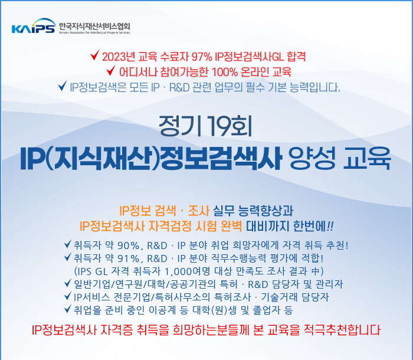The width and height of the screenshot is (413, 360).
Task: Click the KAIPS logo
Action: [x=34, y=26]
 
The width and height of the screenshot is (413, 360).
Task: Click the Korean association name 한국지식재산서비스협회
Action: [x=94, y=27]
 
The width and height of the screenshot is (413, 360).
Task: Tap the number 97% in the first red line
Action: [x=202, y=57]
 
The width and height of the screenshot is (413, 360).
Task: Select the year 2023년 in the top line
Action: [x=119, y=57]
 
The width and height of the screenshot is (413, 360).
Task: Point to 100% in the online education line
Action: [x=225, y=72]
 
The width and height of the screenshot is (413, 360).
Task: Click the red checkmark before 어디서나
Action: [x=111, y=70]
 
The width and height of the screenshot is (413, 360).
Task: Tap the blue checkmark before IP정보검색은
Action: [x=63, y=86]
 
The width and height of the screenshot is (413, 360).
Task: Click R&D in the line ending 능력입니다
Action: [x=179, y=87]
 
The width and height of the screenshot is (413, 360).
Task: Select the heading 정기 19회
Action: [x=205, y=126]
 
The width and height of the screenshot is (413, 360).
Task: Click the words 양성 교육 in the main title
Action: [x=339, y=159]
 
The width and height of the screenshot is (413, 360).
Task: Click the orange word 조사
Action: [x=199, y=211]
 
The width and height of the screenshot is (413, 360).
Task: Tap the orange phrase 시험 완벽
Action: [x=219, y=226]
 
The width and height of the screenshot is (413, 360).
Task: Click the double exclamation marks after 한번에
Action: [x=330, y=226]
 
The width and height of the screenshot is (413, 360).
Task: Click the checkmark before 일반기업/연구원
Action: [x=68, y=283]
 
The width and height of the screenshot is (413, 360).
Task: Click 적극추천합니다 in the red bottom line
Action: [x=342, y=330]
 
